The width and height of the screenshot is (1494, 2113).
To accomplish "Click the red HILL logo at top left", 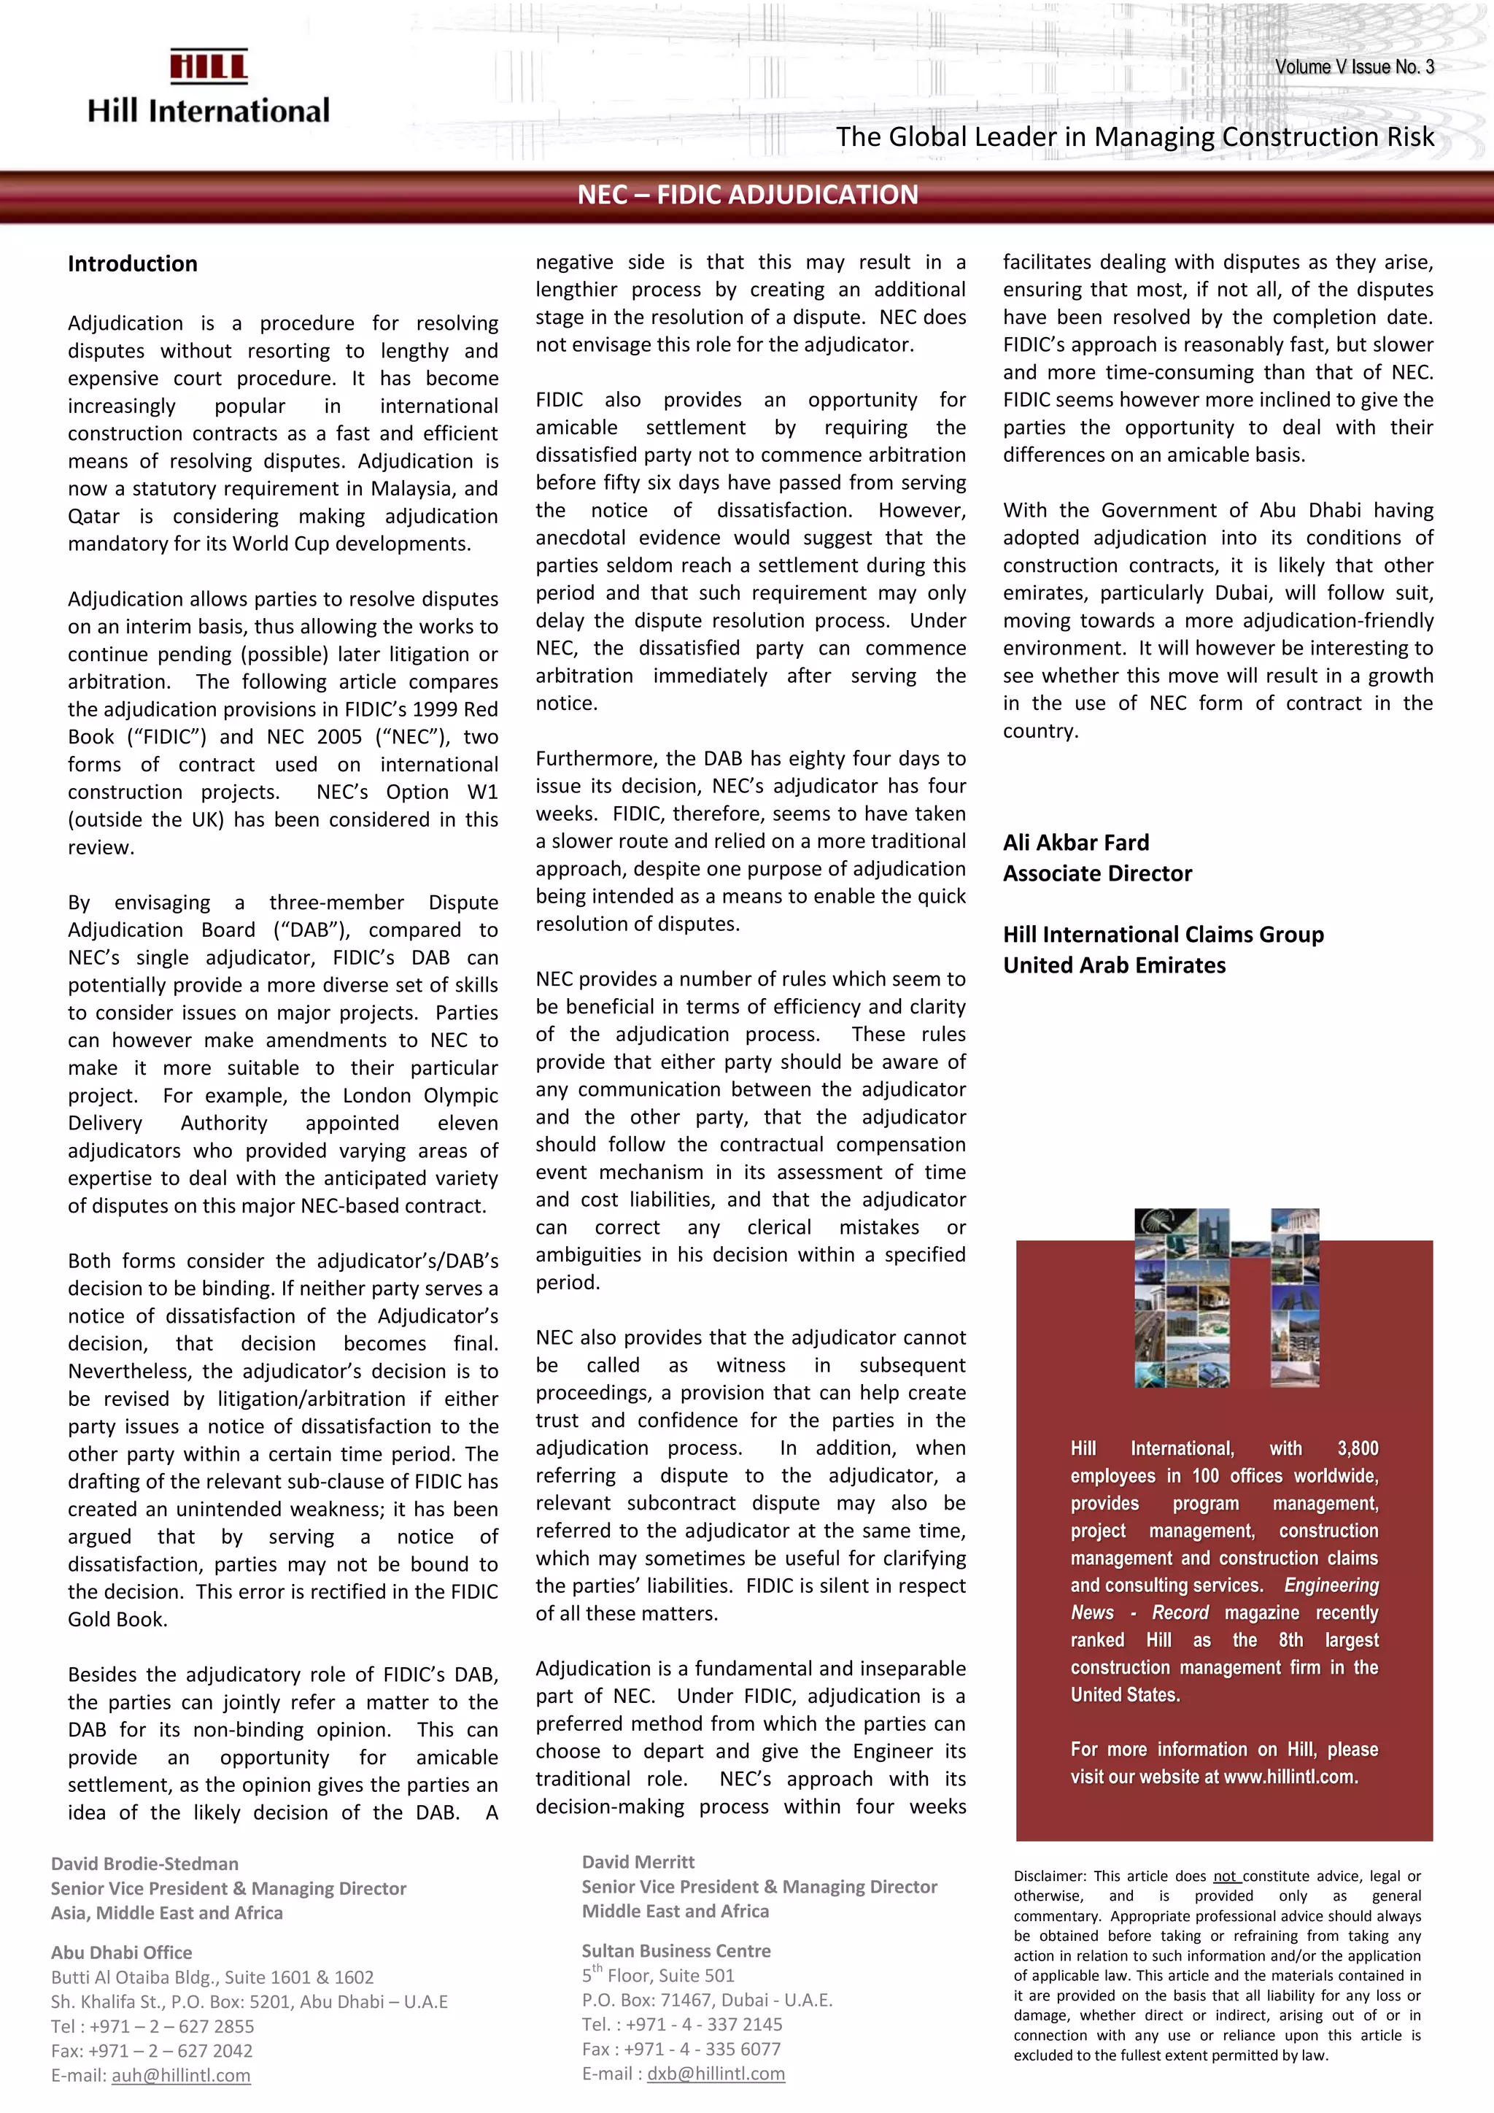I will click(x=209, y=66).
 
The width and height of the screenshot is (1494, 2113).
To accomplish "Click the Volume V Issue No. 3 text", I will click(x=1354, y=67).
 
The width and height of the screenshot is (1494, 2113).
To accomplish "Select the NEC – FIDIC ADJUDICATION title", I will click(x=747, y=195).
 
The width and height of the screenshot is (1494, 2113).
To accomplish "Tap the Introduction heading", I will click(x=133, y=264).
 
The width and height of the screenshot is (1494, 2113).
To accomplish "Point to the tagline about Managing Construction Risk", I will click(x=1134, y=137).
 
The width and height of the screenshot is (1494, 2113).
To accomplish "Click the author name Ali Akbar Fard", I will click(x=1075, y=842).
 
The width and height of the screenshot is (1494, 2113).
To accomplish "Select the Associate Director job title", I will click(x=1096, y=873).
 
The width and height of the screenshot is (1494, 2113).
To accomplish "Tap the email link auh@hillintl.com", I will click(x=181, y=2075).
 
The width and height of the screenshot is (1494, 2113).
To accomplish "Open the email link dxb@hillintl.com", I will click(x=716, y=2074).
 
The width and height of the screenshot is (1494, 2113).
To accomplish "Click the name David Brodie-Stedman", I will click(x=144, y=1863).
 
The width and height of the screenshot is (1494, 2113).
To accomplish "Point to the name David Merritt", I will click(x=638, y=1862).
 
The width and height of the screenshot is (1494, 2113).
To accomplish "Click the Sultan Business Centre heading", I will click(x=676, y=1950).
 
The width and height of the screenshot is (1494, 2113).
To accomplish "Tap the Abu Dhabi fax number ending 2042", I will click(x=152, y=2050).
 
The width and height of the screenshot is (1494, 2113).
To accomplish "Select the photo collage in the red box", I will click(x=1226, y=1297).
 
